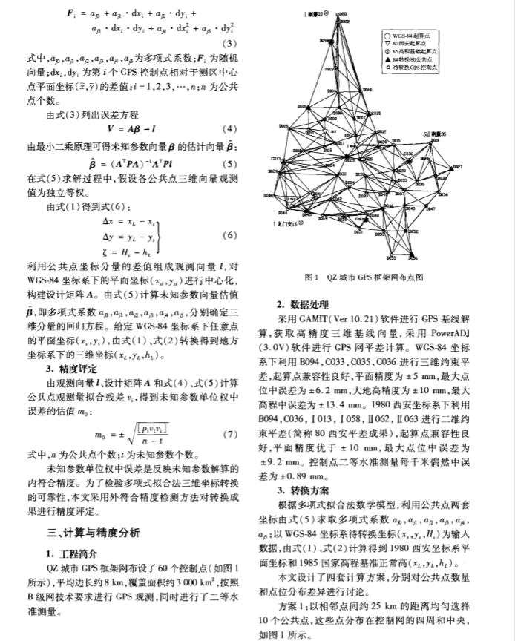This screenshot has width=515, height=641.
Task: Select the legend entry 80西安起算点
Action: pos(407,43)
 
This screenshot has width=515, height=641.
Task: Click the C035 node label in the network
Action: pos(374,113)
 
